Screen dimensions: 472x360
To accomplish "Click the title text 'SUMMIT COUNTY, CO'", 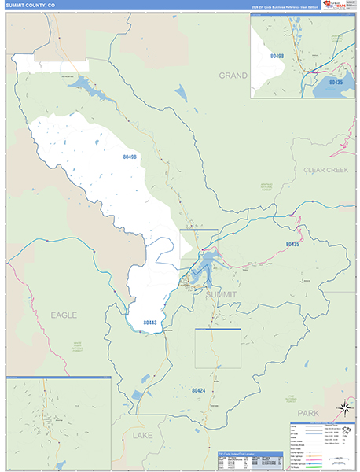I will [31, 6].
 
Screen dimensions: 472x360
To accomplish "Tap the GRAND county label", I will [233, 76].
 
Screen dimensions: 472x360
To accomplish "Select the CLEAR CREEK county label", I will [325, 169].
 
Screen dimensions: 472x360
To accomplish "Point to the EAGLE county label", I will [64, 315].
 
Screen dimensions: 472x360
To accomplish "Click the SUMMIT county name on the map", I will [220, 293].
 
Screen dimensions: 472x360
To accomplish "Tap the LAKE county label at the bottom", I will [143, 434].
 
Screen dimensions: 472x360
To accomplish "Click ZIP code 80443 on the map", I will [151, 323].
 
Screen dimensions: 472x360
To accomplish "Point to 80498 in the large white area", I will [130, 157].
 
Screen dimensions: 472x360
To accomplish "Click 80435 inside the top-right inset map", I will [336, 81].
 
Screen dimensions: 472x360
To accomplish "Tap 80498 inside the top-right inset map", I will [277, 56].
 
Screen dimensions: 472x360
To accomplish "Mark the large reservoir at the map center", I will [206, 264].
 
